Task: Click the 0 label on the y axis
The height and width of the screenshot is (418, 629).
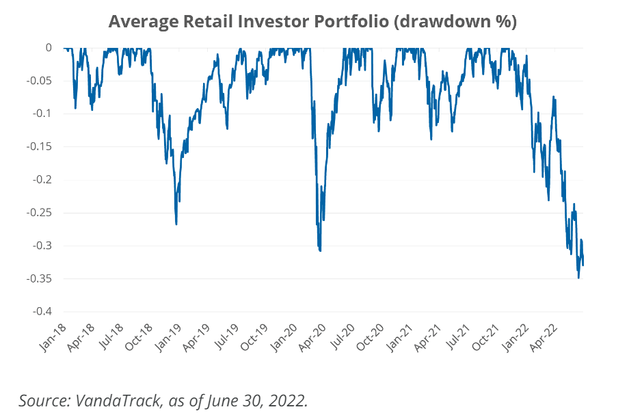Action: [48, 47]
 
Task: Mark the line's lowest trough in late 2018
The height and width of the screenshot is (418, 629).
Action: [176, 224]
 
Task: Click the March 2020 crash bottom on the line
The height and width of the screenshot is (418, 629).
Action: [320, 250]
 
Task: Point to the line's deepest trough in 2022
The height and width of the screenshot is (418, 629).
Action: [578, 277]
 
